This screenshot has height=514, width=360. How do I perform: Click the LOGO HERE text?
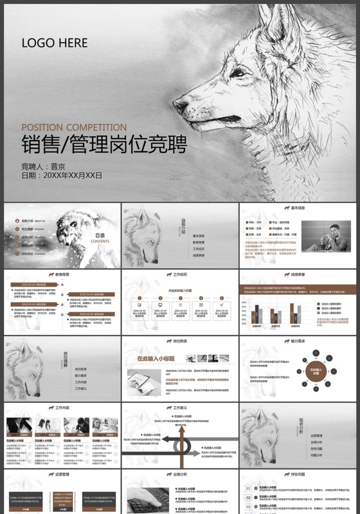[x=55, y=43]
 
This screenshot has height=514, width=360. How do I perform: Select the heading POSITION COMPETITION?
[x=74, y=127]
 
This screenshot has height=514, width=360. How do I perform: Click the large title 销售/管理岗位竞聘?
[x=104, y=145]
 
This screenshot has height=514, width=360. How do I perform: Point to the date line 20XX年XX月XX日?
[x=62, y=175]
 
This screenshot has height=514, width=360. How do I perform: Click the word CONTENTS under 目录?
[x=100, y=242]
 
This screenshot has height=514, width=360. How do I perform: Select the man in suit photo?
[x=327, y=238]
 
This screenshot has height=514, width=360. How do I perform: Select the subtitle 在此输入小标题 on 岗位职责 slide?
[x=156, y=359]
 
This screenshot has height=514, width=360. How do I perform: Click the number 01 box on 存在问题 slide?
[x=248, y=489]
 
